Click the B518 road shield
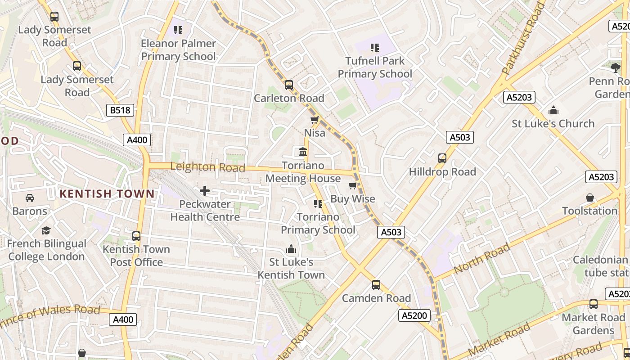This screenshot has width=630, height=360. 121,110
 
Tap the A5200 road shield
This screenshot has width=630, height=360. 414,315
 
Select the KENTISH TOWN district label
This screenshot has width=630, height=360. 107,194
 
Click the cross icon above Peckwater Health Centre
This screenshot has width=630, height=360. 205,191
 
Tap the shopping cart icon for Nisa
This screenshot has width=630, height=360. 315,120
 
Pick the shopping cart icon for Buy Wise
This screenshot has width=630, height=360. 352,185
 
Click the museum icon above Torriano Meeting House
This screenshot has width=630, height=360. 303,152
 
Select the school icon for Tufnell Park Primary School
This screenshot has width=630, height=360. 374,47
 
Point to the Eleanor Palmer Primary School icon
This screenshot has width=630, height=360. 178,30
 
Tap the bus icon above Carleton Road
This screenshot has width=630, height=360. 289,85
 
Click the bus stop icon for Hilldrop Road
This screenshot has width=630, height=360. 442,158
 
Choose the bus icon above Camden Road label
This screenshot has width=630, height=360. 376,285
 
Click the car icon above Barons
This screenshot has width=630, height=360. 30,198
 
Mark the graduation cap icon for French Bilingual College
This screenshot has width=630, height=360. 46,230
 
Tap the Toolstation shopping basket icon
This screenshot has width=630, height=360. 589,198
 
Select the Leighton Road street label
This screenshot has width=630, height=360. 207,167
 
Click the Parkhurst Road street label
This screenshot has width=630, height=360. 523,38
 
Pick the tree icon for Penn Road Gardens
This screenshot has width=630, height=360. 616,68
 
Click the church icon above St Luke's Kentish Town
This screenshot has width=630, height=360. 291,249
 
